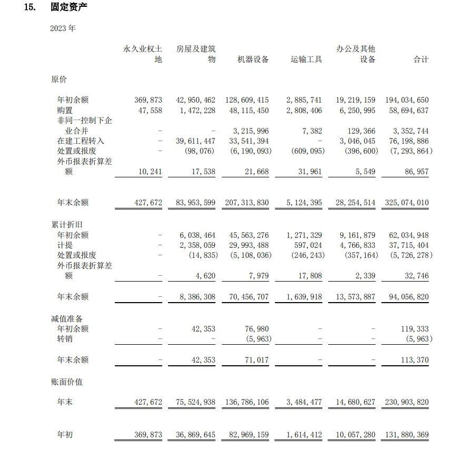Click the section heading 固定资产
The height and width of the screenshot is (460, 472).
(69, 7)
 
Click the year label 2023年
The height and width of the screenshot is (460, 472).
(63, 28)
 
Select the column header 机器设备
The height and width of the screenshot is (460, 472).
(253, 59)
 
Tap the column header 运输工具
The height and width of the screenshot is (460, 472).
(306, 59)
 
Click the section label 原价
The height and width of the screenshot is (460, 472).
(59, 79)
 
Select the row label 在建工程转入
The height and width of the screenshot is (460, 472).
(81, 141)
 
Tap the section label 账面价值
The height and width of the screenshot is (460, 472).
(66, 382)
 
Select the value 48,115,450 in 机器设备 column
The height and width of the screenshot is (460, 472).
(246, 111)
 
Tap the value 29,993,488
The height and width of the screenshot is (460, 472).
(246, 245)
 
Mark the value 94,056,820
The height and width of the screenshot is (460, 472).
(407, 297)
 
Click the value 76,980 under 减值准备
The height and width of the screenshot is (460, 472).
(257, 329)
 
